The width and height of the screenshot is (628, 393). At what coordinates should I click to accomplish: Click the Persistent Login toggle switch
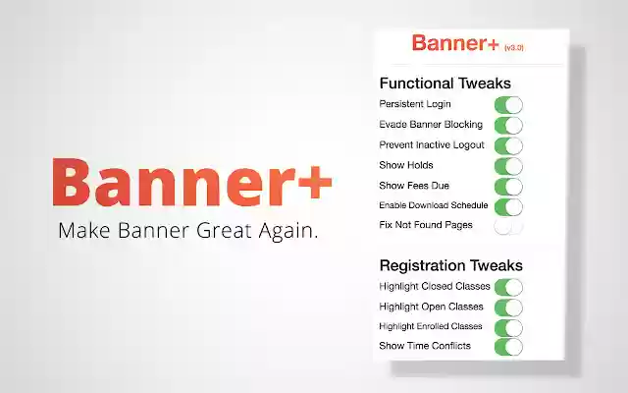(508, 104)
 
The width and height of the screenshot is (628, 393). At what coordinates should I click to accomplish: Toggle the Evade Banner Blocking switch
(508, 125)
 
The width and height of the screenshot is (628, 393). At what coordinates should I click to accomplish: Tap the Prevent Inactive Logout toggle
(508, 145)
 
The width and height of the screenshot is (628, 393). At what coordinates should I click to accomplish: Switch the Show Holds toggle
(508, 165)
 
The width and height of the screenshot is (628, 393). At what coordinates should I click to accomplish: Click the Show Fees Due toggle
(508, 186)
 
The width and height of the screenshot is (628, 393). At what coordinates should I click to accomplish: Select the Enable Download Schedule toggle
(508, 206)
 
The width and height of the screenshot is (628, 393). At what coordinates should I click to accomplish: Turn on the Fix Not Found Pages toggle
(508, 226)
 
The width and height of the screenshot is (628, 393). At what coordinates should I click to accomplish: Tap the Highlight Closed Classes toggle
(508, 287)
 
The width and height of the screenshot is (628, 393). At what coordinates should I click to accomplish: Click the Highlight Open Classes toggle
(508, 307)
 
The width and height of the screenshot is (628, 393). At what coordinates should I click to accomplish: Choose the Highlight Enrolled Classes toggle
(508, 326)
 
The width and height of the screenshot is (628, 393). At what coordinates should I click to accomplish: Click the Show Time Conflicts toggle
(508, 346)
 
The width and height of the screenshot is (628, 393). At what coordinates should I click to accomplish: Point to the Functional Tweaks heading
(445, 84)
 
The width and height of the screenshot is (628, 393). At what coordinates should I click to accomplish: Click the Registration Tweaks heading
(450, 265)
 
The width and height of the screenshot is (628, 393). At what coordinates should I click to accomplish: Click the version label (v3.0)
(515, 46)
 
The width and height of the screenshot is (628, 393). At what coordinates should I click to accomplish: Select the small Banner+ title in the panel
(455, 43)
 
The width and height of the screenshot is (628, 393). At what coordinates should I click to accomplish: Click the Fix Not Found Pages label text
(426, 225)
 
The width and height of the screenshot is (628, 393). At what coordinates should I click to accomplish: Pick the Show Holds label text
(406, 165)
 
